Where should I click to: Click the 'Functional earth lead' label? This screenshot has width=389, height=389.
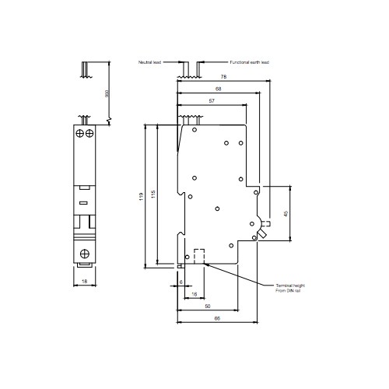[249, 61]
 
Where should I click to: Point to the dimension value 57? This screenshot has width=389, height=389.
[212, 102]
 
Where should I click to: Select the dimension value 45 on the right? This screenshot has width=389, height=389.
[286, 212]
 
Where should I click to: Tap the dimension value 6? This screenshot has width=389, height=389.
[180, 281]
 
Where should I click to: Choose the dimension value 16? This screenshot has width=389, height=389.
[193, 295]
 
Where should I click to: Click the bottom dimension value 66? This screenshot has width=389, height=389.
[216, 319]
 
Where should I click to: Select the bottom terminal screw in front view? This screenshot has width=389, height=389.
[83, 252]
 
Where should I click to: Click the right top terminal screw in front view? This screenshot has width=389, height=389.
[89, 135]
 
